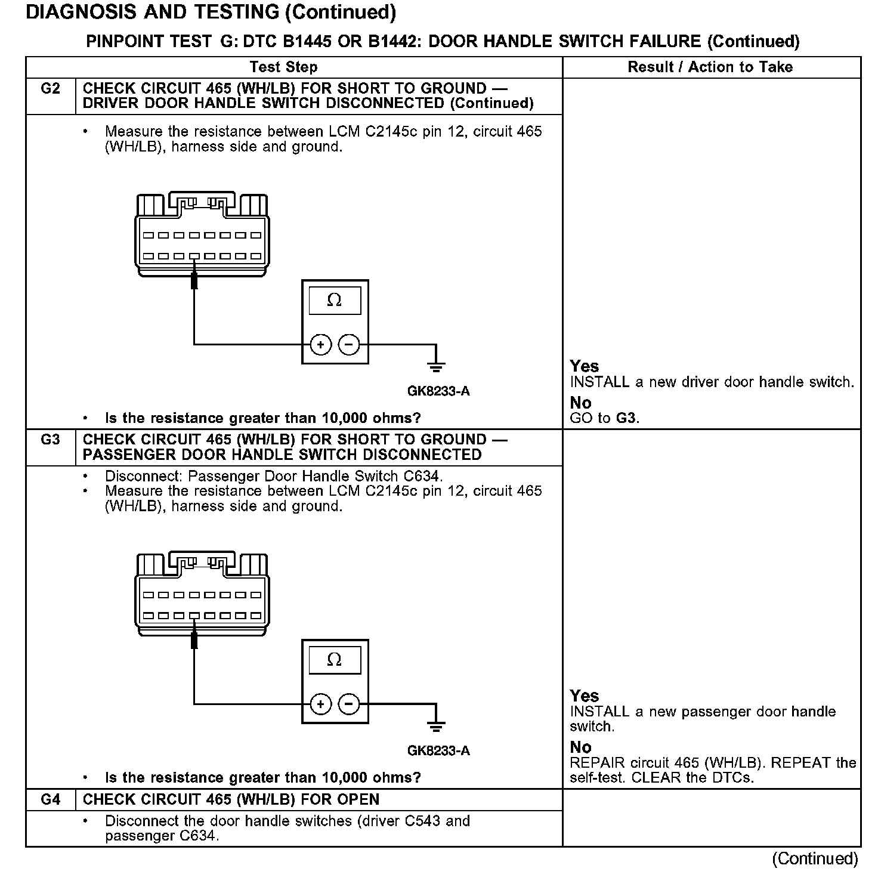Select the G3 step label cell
(51, 440)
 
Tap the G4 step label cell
(51, 799)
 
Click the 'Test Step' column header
(283, 67)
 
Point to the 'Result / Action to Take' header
(710, 67)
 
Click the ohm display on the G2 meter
(335, 300)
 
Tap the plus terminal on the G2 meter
(321, 344)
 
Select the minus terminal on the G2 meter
(349, 344)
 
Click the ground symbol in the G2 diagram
(437, 364)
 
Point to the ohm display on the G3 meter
(335, 660)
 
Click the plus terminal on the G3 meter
(321, 704)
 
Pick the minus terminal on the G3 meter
(349, 704)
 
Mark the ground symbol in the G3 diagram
(437, 725)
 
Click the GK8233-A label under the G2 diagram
(438, 391)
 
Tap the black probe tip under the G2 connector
(194, 280)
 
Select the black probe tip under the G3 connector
(194, 640)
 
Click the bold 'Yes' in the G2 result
(584, 366)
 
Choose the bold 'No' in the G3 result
(580, 747)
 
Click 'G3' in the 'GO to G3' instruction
(626, 418)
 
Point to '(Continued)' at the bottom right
(815, 859)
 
